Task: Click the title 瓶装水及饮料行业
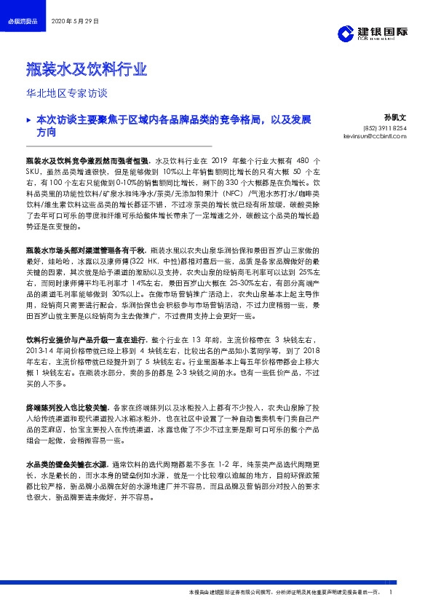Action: click(x=87, y=71)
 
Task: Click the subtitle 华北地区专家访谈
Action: click(x=66, y=93)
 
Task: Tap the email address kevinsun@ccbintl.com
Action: click(x=368, y=135)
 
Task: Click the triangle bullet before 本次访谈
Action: click(x=28, y=117)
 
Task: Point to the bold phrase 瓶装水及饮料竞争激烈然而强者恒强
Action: click(x=87, y=158)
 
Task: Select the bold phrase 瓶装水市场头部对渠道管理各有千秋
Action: click(x=87, y=250)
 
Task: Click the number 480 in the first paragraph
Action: click(x=306, y=158)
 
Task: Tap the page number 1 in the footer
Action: click(x=392, y=593)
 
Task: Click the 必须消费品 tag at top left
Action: click(x=22, y=23)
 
